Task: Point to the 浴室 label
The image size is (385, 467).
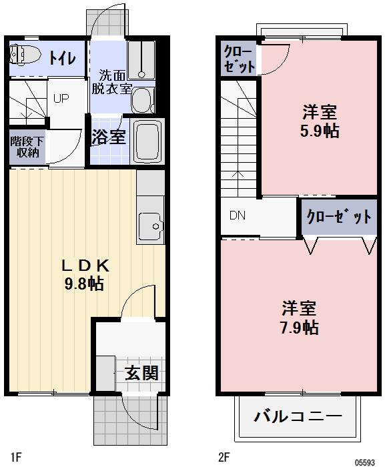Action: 108,137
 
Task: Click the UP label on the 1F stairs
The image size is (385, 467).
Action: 61,98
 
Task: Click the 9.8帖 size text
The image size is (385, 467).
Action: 83,283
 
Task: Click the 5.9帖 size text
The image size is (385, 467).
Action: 318,131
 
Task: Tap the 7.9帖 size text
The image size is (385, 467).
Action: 298,327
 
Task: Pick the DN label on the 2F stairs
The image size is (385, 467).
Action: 238,215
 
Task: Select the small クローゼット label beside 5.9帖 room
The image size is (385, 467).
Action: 238,59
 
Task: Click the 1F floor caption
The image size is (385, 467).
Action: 16,457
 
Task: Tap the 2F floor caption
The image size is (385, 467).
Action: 224,457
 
